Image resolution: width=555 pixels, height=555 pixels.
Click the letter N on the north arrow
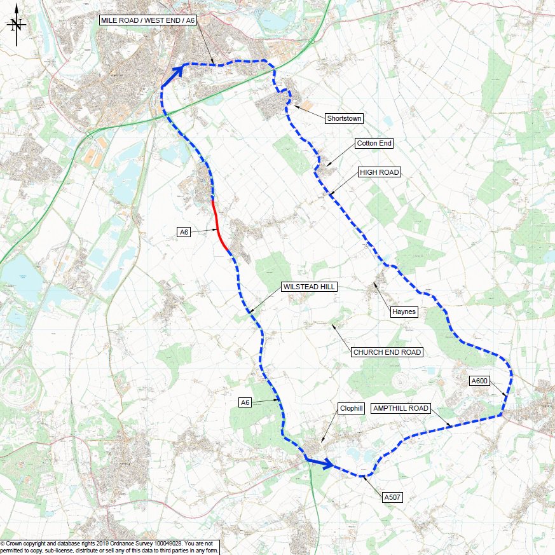tap(17, 25)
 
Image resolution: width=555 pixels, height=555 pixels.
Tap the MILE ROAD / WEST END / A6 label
tap(147, 21)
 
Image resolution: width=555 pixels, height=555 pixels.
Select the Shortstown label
tap(344, 118)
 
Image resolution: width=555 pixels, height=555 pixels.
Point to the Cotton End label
tap(374, 144)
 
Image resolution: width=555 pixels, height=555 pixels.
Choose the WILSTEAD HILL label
tap(310, 287)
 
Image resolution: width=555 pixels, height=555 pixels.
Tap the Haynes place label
tap(403, 312)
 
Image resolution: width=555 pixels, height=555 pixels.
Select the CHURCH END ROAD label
tap(387, 352)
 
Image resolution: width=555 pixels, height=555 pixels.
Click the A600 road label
tap(479, 381)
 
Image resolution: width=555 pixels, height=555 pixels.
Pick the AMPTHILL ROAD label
tap(401, 408)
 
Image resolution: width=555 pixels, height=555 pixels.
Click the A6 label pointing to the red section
tap(184, 233)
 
